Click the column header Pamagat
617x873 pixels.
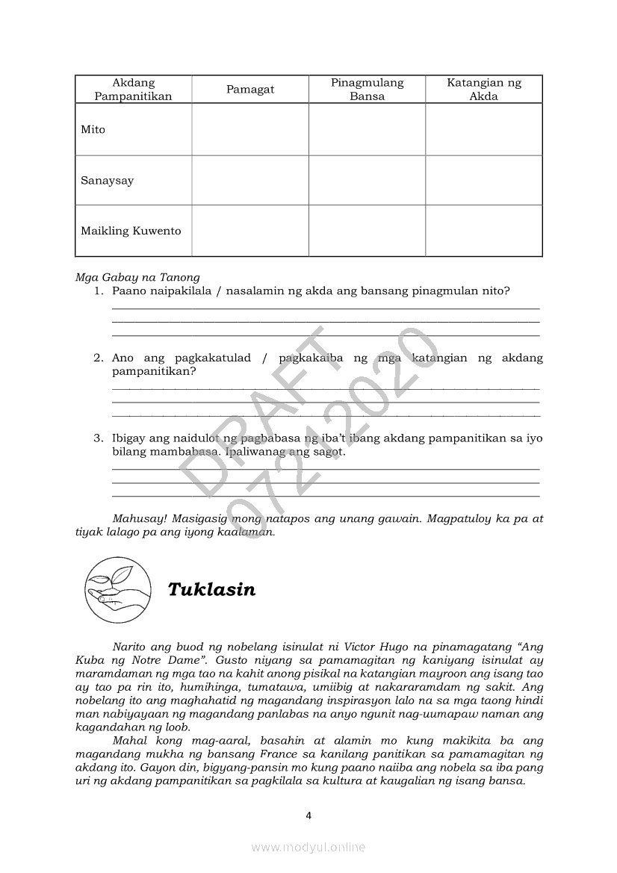click(250, 90)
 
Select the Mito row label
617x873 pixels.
click(93, 130)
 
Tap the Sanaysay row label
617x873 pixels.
click(108, 181)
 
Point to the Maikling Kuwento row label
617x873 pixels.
click(131, 231)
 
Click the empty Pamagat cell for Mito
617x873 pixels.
click(250, 130)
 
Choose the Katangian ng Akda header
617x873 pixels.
click(484, 90)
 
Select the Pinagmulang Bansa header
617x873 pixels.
click(367, 90)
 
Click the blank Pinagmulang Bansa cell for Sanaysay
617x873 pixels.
click(367, 181)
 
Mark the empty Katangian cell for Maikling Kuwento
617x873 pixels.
click(484, 231)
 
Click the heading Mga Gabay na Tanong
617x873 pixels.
click(137, 278)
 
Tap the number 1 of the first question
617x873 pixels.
click(98, 291)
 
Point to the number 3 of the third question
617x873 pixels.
click(98, 438)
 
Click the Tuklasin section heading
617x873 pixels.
click(211, 590)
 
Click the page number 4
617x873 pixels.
click(308, 815)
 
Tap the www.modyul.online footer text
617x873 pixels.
click(308, 847)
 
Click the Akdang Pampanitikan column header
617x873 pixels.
click(133, 90)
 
